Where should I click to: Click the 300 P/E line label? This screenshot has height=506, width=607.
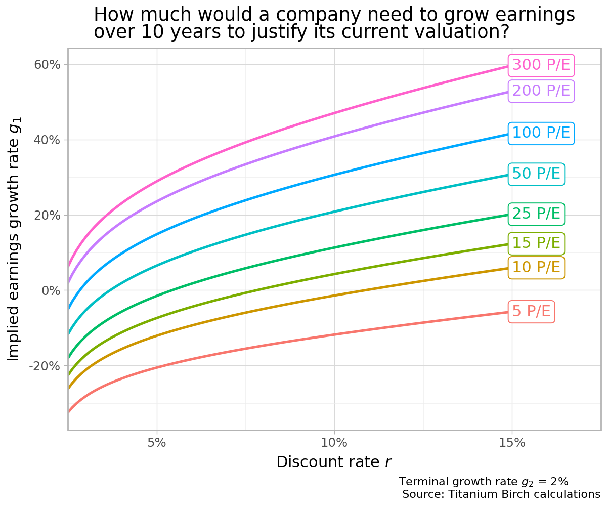[x=541, y=65]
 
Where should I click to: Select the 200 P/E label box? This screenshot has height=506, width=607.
[x=541, y=91]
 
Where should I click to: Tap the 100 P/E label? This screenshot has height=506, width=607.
[x=541, y=133]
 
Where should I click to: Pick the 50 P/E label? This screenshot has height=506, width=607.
[x=536, y=174]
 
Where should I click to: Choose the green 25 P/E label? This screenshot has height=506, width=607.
[x=536, y=214]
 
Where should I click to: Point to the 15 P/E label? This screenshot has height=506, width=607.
[x=536, y=243]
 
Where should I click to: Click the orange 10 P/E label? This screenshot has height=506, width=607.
[x=536, y=267]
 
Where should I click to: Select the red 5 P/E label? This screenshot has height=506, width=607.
[x=531, y=312]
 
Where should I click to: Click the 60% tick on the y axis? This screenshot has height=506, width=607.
[x=48, y=65]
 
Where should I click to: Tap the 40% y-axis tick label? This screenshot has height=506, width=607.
[x=48, y=140]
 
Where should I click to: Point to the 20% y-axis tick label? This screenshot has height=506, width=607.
[x=48, y=216]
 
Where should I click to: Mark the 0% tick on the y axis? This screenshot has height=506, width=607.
[x=51, y=290]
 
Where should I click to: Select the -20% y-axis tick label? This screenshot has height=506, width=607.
[x=46, y=366]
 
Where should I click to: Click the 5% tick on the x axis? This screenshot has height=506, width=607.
[x=157, y=443]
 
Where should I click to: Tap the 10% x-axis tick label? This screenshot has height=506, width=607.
[x=334, y=443]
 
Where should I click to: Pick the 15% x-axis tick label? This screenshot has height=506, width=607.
[x=512, y=443]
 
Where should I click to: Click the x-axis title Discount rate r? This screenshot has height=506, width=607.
[x=334, y=462]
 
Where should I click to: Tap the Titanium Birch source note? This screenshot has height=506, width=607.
[x=501, y=494]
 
